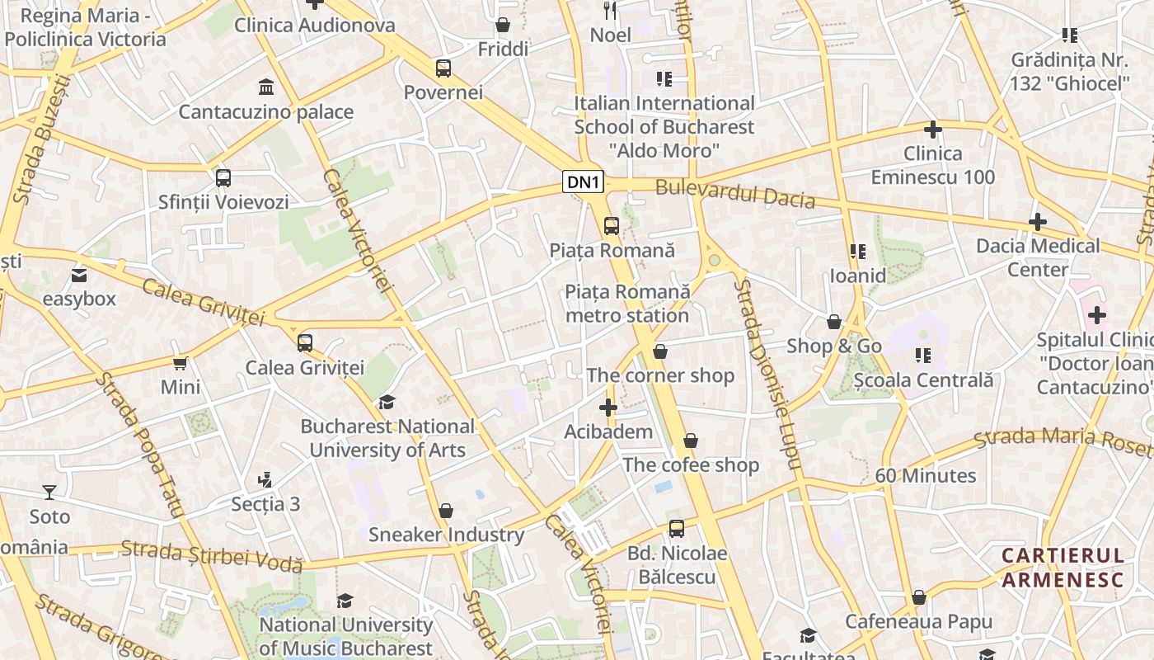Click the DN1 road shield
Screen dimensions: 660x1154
584,182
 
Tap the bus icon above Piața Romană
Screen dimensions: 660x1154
611,226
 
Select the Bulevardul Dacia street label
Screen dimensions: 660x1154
734,194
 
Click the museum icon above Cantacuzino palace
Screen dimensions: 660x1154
266,87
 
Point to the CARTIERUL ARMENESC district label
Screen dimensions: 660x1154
1063,568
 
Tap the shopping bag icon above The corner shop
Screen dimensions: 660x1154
659,352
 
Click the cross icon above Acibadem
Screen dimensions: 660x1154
608,408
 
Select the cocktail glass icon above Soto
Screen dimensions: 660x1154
49,493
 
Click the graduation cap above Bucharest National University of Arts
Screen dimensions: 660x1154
387,403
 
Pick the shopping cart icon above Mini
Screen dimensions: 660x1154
181,363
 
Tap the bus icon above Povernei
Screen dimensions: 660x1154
443,68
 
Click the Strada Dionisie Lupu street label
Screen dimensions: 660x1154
767,375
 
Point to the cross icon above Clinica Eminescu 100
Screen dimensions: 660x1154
933,130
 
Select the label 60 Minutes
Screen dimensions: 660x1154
925,476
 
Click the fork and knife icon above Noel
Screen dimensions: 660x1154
610,10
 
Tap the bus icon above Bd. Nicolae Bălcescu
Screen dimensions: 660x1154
676,529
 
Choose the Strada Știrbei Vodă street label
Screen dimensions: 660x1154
212,555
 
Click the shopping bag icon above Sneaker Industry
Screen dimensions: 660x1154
446,511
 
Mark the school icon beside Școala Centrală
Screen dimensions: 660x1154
922,356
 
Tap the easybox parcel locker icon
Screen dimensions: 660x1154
79,275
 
